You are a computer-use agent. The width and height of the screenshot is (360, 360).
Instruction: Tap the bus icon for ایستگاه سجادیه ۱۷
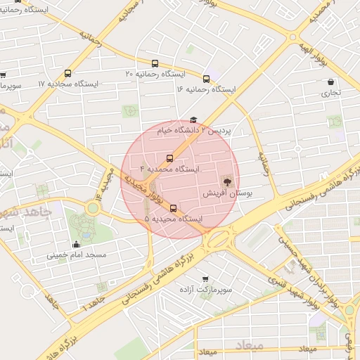[x=67, y=73]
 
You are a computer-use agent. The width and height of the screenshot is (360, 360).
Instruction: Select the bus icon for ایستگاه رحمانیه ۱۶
[x=206, y=79]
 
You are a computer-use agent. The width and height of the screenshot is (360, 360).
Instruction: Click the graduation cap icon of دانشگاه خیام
[x=193, y=120]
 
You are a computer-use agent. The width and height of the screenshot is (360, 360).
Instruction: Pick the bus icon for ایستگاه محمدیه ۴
[x=169, y=159]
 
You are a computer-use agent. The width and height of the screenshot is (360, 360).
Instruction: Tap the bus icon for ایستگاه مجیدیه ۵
[x=174, y=208]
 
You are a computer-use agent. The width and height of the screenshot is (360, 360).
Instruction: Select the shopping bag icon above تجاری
[x=330, y=82]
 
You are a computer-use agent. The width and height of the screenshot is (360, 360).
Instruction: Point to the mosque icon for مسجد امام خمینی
[x=76, y=244]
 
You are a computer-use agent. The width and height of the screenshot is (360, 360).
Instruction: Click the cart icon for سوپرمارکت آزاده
[x=205, y=279]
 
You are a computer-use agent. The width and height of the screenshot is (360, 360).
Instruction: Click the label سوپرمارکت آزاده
[x=205, y=290]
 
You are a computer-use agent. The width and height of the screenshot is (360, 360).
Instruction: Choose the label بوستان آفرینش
[x=226, y=192]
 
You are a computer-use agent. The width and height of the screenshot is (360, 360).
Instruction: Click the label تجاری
[x=331, y=92]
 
